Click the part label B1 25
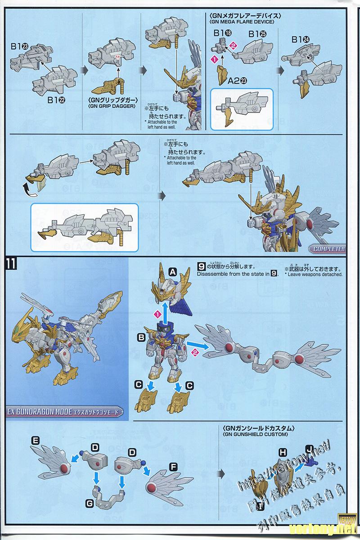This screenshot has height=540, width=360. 257,33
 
